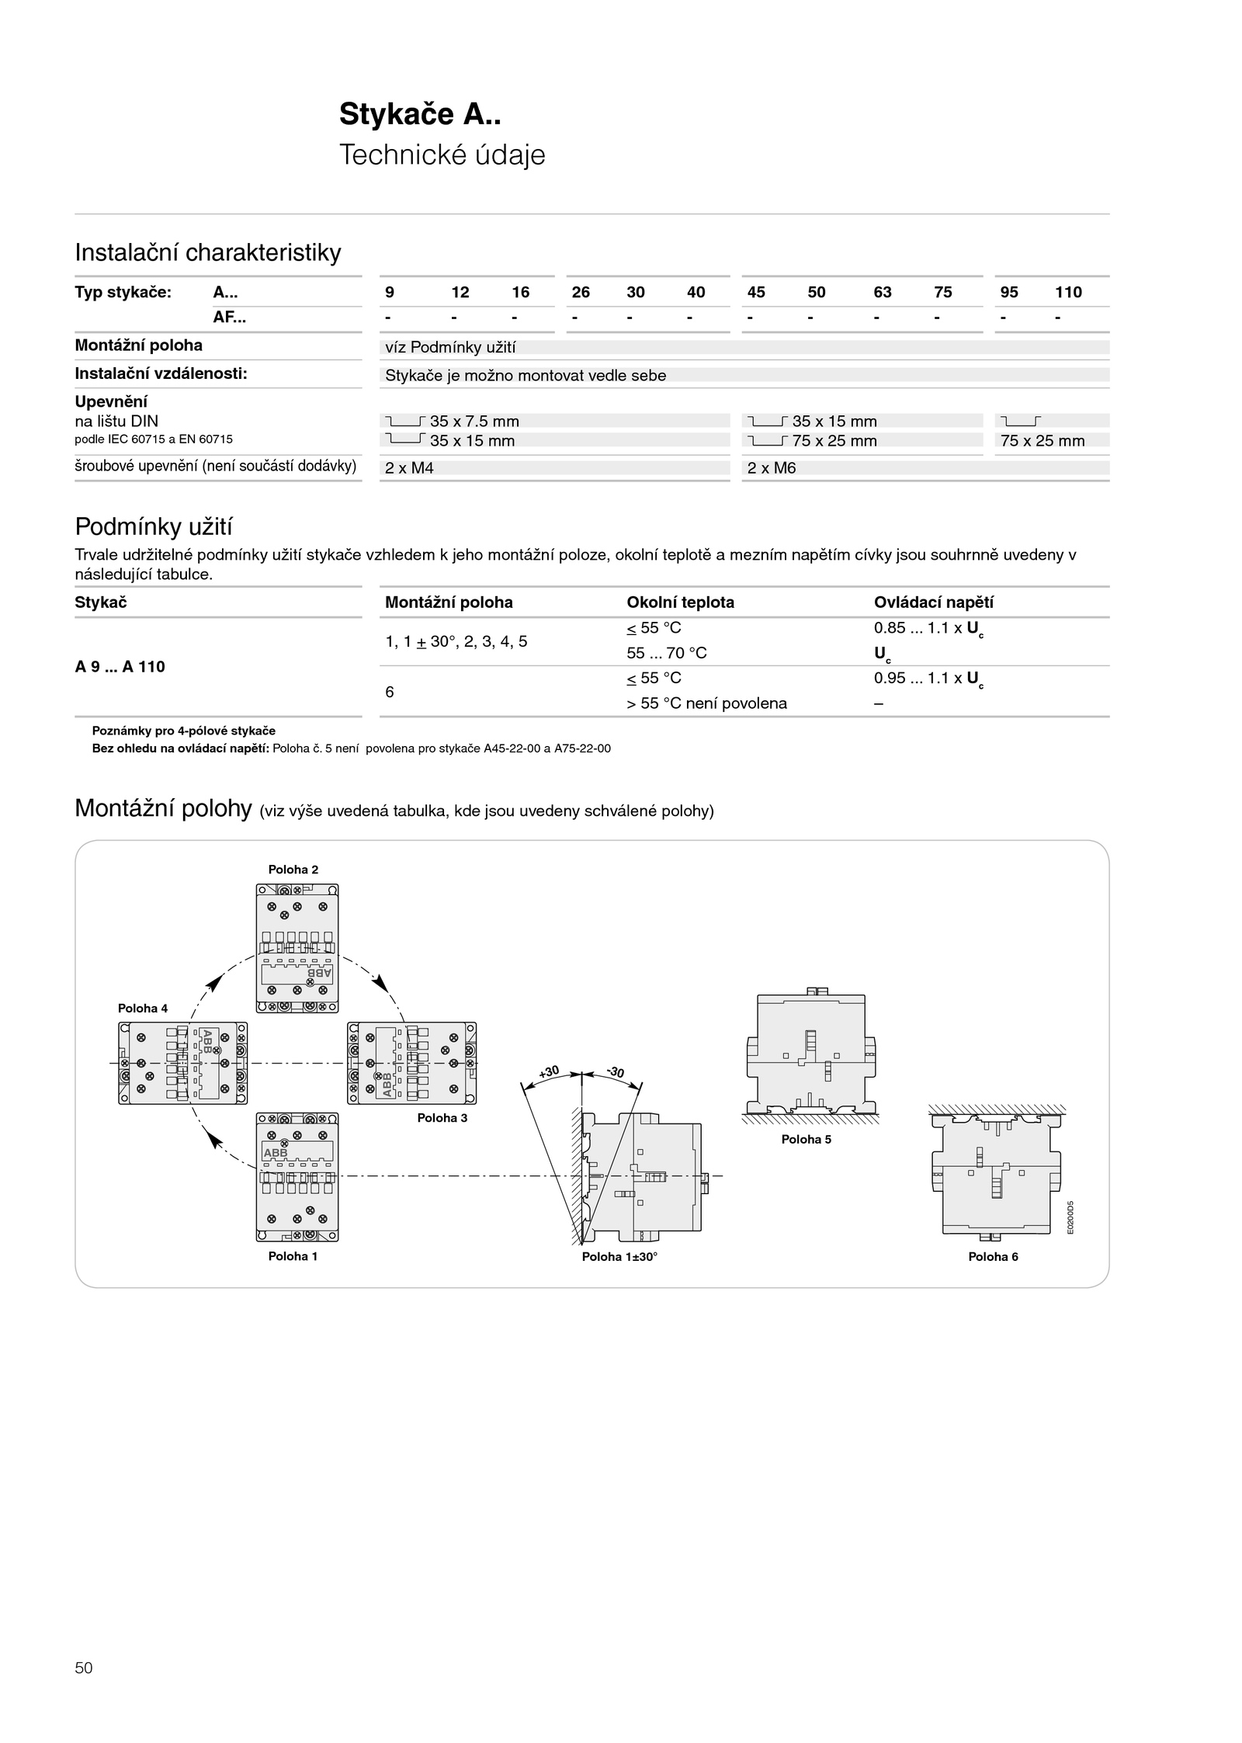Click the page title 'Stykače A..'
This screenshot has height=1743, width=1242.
pos(420,115)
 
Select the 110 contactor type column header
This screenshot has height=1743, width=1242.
pos(1068,292)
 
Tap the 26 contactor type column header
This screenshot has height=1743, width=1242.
pos(581,292)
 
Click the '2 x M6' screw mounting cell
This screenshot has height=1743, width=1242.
pos(772,468)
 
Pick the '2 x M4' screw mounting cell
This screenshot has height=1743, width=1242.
pos(409,468)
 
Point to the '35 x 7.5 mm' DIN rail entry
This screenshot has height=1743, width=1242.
pos(474,422)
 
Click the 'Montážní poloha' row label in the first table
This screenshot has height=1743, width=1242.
pos(138,345)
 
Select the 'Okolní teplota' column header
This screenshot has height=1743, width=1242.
pos(680,602)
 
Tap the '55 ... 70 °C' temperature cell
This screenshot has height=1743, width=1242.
pos(667,653)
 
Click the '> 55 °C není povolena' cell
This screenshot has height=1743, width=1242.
pos(706,703)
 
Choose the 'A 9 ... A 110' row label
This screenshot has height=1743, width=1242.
pos(120,667)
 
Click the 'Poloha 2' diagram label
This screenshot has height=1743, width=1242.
pos(293,870)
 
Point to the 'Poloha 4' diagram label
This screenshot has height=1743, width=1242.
pos(143,1009)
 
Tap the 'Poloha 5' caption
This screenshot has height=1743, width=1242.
pos(807,1140)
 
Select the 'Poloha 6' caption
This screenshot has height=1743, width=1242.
pos(993,1257)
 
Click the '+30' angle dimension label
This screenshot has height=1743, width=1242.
pos(549,1072)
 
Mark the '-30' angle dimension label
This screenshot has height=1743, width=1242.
pos(616,1072)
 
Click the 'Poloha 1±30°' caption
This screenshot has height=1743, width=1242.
pos(619,1257)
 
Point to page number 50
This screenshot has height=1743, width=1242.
pos(84,1668)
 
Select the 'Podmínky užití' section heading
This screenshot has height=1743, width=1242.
pos(154,527)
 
